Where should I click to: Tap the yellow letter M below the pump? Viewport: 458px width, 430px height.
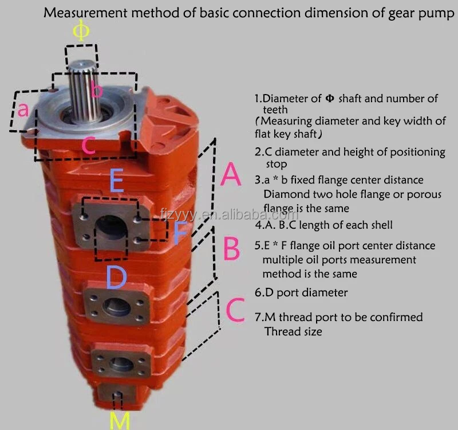click(120, 419)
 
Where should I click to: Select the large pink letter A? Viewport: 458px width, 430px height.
click(231, 175)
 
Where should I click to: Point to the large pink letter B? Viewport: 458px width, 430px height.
click(231, 249)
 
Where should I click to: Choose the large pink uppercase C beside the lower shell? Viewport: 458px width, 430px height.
click(235, 310)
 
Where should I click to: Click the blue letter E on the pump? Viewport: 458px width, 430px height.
click(117, 181)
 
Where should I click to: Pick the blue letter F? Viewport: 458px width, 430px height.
click(180, 232)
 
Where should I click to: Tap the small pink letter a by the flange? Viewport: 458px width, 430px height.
click(23, 110)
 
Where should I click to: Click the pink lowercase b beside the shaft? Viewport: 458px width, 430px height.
click(97, 91)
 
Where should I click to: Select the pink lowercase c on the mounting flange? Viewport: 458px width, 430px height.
click(87, 145)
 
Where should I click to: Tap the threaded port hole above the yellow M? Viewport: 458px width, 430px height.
click(118, 395)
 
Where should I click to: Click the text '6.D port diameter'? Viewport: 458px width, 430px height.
click(301, 292)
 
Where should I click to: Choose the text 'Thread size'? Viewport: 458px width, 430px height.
click(293, 331)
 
